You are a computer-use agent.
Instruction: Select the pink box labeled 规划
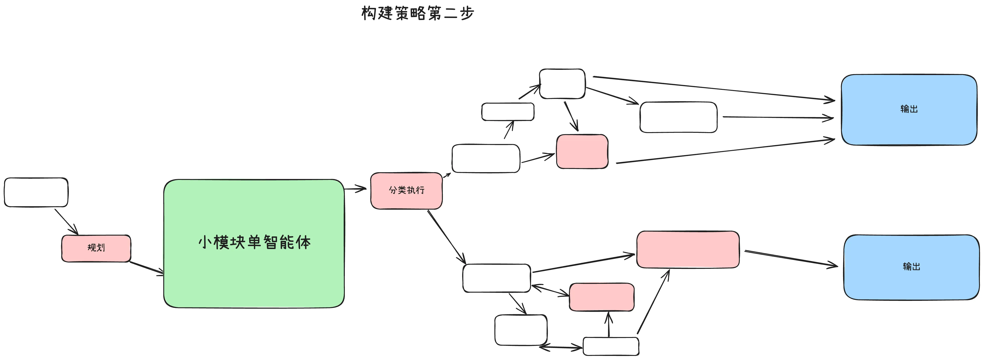96,248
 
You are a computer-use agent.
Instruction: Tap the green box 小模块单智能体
254,243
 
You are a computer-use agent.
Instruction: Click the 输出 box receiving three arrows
909,110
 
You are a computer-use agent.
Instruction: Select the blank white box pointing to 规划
36,192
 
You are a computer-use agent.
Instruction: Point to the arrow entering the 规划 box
66,221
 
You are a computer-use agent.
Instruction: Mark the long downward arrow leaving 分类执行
446,237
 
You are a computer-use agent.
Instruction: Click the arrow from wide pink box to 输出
791,258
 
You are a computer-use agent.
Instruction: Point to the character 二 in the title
451,14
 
